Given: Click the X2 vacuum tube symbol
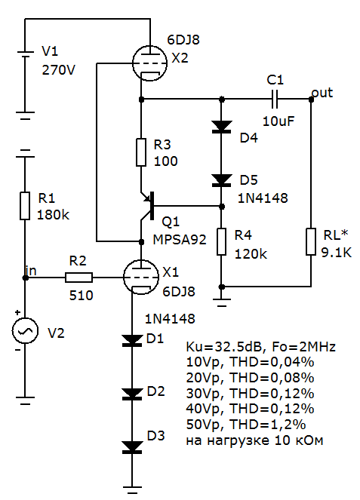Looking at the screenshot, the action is [149, 63].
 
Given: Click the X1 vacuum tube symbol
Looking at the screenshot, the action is [140, 277].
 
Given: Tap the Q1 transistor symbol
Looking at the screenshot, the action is [147, 207].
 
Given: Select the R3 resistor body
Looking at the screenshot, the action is [141, 152].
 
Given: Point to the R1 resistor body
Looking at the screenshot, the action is [25, 206].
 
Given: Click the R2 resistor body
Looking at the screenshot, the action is [78, 278].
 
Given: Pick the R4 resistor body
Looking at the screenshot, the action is [221, 242].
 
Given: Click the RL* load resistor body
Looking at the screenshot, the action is [311, 242].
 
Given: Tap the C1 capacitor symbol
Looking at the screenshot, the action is [275, 100].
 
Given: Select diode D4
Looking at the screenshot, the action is [221, 127].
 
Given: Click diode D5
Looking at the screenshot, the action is [221, 180].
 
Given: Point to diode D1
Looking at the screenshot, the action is [132, 341].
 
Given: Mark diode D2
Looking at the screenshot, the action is [132, 394].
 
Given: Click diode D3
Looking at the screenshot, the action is [132, 447].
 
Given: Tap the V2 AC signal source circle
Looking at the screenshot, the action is [25, 330].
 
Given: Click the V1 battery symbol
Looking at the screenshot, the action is [25, 54].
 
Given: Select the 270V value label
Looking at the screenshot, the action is [58, 70].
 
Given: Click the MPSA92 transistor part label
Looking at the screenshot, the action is [180, 240].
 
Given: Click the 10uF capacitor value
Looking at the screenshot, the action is [278, 121].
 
